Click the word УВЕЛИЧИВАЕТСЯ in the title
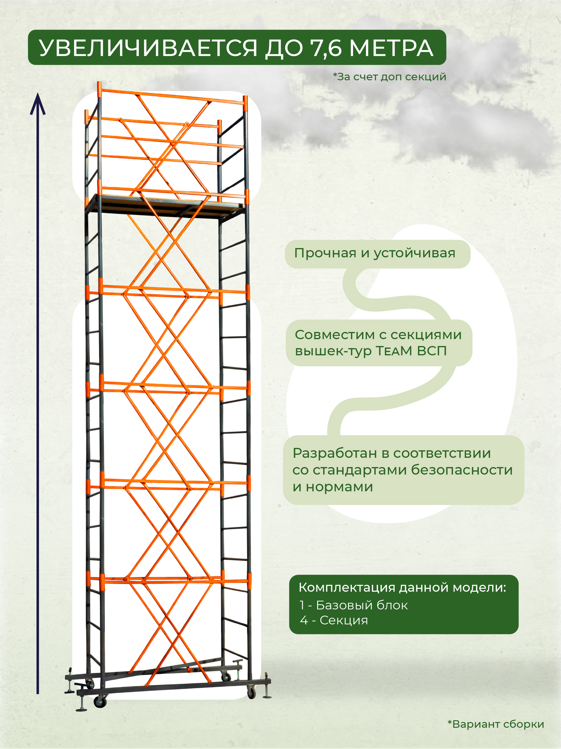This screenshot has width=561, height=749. point(148,48)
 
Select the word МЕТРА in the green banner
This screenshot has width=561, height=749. point(391,48)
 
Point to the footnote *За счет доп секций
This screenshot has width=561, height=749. point(390,77)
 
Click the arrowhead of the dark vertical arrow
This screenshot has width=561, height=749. point(37,104)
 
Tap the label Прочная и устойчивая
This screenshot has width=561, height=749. point(375,253)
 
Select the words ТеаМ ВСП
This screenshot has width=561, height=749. point(411,351)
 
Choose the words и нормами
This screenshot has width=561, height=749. point(333,487)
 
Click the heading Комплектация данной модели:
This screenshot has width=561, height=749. point(402,588)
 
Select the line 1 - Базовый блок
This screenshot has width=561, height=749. point(353,605)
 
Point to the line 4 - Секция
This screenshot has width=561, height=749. point(334,620)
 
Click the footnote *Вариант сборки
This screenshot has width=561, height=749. point(496,724)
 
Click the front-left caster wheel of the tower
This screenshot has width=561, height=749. point(100,702)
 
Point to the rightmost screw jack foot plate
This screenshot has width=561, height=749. point(267,697)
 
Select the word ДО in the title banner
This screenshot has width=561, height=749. point(283,48)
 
